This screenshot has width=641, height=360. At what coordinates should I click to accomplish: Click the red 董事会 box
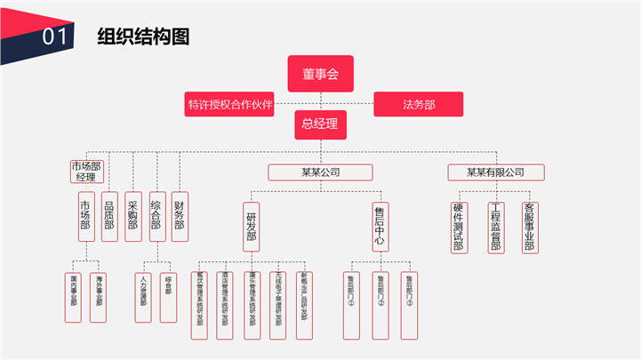[x=320, y=74]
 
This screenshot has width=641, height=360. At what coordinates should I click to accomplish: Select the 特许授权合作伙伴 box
[x=229, y=104]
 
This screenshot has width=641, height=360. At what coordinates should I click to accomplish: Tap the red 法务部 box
[x=419, y=104]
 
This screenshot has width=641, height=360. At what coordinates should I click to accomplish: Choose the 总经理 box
[x=320, y=124]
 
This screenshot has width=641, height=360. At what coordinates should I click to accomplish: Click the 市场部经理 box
[x=86, y=171]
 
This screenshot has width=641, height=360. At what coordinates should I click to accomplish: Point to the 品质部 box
[x=109, y=217]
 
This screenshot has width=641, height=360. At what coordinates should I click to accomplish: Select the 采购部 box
[x=133, y=217]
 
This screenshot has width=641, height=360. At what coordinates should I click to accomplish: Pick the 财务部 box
[x=180, y=217]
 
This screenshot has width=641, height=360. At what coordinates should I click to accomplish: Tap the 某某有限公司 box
[x=495, y=172]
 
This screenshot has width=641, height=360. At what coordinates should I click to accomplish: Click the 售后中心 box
[x=380, y=228]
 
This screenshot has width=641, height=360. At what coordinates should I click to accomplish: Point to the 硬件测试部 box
[x=458, y=228]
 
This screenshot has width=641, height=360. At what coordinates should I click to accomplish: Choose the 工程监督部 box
[x=495, y=228]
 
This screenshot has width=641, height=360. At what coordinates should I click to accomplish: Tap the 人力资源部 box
[x=144, y=291]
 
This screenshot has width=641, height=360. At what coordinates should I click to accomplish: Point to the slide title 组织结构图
[x=143, y=36]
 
